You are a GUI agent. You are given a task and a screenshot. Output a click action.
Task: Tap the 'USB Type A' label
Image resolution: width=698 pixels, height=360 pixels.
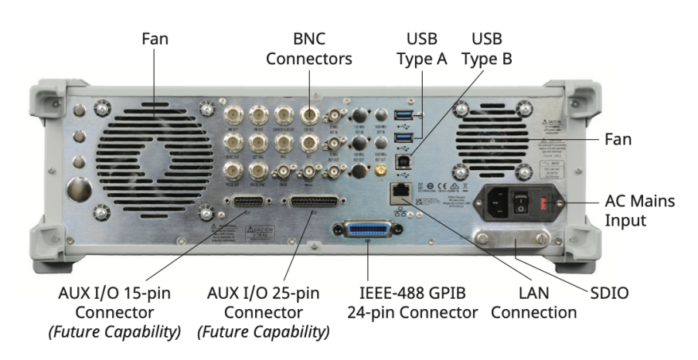click(422, 48)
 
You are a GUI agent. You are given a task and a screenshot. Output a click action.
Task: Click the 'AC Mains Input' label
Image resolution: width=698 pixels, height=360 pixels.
click(640, 211)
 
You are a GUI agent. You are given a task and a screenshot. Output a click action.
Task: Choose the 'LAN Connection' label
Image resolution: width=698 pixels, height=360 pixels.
click(534, 303)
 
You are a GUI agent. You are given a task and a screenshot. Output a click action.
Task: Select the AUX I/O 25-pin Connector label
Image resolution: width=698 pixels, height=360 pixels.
click(264, 313)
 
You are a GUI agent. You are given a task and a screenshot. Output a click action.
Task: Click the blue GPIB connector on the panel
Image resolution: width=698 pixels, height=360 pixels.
click(368, 229)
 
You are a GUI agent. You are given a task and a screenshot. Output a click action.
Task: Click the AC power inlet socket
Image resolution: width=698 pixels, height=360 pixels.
click(499, 202)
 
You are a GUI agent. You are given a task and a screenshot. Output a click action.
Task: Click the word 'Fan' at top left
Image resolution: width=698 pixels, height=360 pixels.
click(155, 38)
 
